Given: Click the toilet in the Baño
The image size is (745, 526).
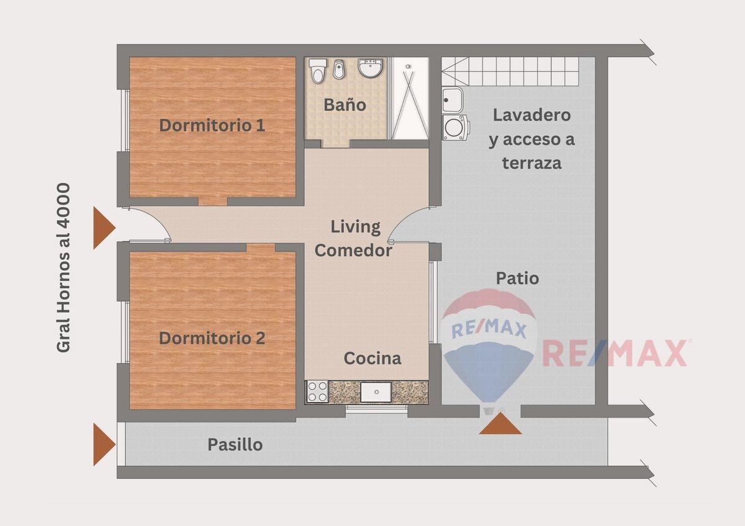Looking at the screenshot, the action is (317, 71).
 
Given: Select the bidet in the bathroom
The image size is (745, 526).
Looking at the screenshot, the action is (339, 69).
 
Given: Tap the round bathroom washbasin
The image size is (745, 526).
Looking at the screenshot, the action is (371, 68).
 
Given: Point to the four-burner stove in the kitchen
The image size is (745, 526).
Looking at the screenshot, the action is (317, 392).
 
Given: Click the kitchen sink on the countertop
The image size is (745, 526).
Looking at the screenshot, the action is (376, 392).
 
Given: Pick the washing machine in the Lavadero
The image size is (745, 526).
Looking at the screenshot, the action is (455, 127).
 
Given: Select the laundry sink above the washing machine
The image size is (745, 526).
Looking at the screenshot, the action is (452, 100).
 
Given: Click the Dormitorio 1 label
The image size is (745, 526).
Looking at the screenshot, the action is (212, 125).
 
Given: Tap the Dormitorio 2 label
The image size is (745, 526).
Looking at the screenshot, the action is (212, 338).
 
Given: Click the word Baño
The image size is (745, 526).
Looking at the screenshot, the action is (345, 105).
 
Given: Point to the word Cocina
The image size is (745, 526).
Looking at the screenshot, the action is (372, 358).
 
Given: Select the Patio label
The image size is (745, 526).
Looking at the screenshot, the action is (517, 278).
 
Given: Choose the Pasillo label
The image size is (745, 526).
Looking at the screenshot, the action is (235, 445).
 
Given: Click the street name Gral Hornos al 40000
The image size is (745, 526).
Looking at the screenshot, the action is (63, 267).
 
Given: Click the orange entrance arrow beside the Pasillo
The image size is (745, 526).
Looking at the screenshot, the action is (104, 445).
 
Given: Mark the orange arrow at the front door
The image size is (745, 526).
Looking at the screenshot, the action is (104, 228).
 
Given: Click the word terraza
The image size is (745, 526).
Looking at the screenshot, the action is (532, 163).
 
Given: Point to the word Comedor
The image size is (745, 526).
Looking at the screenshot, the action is (353, 251).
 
